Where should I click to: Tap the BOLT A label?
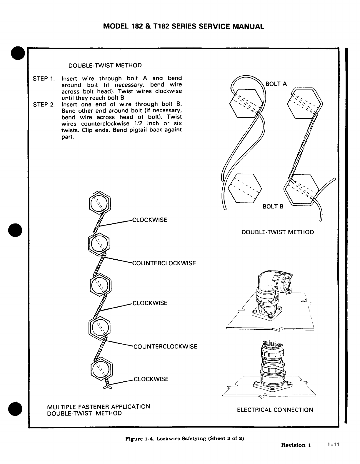click(276, 84)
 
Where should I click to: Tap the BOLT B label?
click(273, 207)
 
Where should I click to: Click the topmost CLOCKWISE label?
click(150, 220)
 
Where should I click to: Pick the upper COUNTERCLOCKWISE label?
click(164, 263)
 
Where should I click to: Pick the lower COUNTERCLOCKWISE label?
click(165, 346)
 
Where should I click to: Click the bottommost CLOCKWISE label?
click(151, 379)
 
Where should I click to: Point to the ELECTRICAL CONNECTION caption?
click(275, 410)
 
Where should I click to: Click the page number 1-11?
click(334, 445)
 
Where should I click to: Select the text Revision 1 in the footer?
click(296, 445)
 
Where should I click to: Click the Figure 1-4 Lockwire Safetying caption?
click(185, 439)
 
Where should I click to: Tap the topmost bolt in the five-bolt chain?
click(100, 203)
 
